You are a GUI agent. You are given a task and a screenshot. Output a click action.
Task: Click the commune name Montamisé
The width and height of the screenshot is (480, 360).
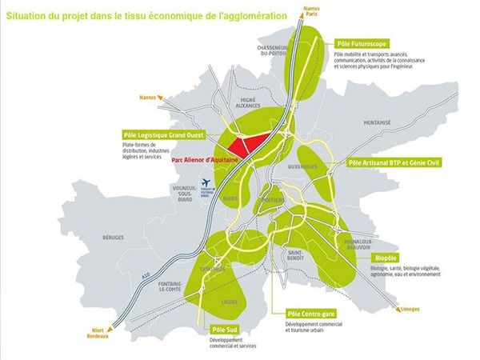pyautogui.click(x=375, y=124)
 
